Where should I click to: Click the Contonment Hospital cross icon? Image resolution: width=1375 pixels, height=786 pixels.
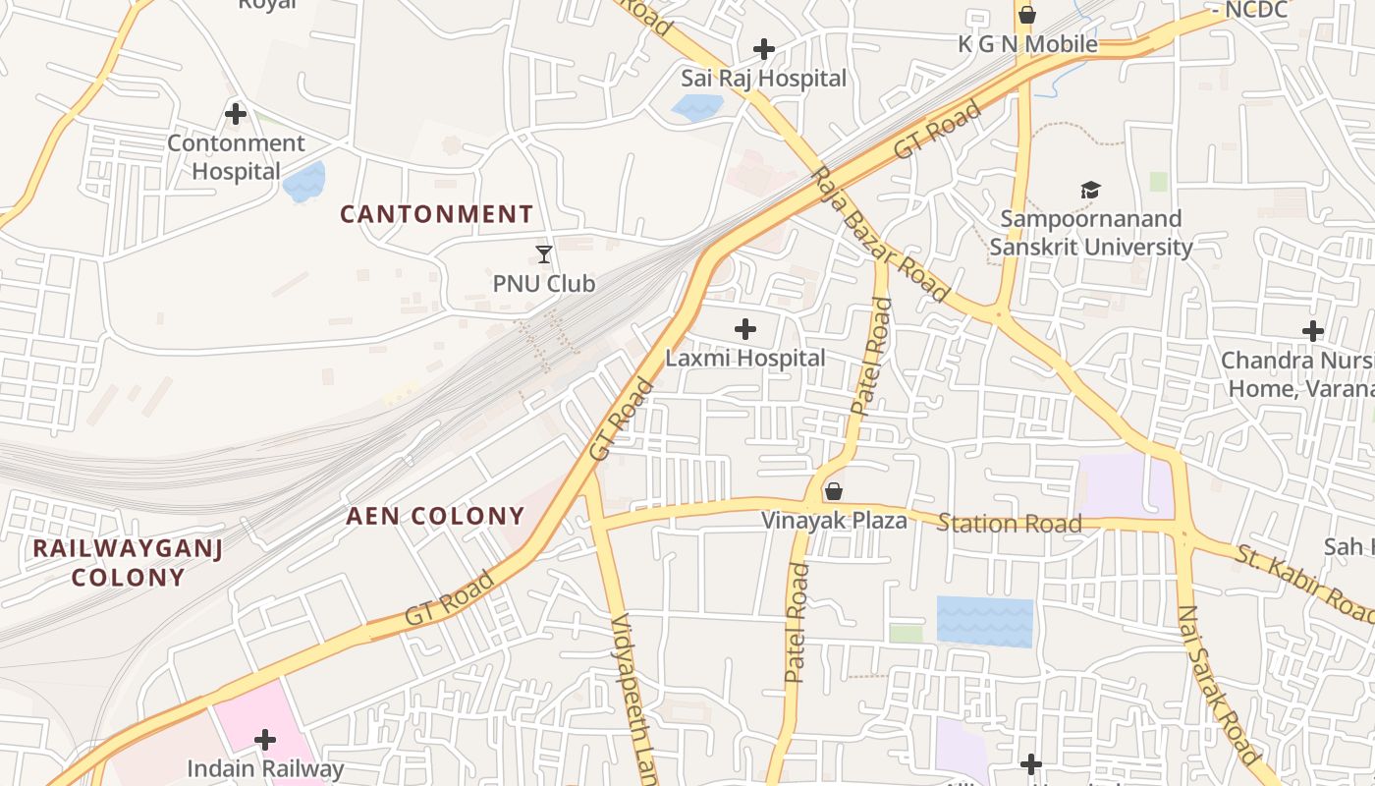coord(235,114)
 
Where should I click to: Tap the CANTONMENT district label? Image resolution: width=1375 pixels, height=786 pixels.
coord(437,214)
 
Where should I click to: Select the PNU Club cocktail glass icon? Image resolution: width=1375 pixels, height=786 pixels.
coord(544,254)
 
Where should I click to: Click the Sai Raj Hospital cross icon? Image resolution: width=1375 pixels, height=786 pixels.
coord(763,49)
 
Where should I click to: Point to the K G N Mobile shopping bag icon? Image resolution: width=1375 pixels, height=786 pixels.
coord(1027,15)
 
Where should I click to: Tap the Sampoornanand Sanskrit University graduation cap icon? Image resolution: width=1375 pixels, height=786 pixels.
coord(1090,190)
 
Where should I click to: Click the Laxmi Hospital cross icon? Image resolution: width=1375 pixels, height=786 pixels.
coord(745,329)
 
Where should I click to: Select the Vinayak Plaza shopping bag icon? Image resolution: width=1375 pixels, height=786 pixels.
coord(834,491)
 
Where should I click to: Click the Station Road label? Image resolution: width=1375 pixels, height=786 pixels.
coord(1009,523)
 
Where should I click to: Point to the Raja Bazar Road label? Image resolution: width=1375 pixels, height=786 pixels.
coord(880,234)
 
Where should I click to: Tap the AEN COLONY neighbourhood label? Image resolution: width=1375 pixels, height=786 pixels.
coord(435,516)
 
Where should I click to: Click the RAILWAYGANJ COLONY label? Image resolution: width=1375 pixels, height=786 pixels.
coord(128,562)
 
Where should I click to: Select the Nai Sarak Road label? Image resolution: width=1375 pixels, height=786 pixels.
coord(1217,685)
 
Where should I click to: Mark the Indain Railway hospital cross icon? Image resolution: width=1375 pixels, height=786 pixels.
coord(264,739)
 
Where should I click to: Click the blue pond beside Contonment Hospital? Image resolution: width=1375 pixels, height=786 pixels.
coord(304,183)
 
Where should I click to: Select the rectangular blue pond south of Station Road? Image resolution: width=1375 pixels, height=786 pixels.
coord(984,621)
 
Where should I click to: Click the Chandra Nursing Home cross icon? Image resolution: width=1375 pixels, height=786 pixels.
coord(1312,331)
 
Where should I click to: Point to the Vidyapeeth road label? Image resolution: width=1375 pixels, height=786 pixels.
coord(632,698)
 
